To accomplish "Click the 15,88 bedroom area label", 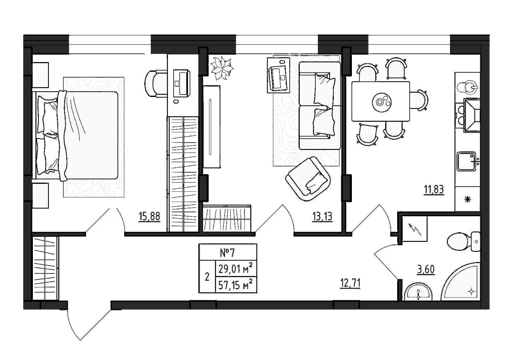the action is pos(149,217).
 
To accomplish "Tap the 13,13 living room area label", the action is pos(322,217).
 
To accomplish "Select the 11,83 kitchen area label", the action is pos(434,190).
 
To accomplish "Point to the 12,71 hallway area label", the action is pos(350,284).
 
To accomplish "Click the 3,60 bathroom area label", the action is pos(426,270).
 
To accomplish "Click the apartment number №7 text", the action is pos(227,253).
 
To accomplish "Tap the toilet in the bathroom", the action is pos(464,242).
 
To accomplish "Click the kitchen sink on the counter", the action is pos(467,161).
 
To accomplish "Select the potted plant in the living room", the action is pos(222,68).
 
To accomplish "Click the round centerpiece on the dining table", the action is pos(382,101).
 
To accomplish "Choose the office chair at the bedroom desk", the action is pos(156,84).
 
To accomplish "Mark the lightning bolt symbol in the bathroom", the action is pos(415,229).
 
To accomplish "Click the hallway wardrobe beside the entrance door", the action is pos(46,268).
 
